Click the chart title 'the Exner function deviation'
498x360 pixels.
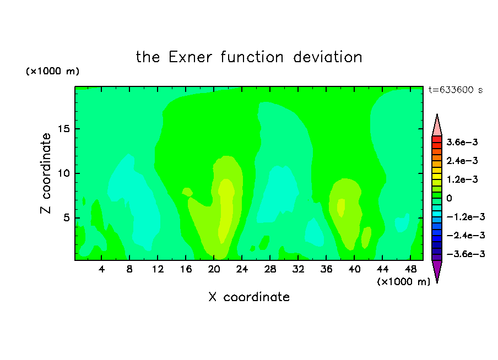[249, 57]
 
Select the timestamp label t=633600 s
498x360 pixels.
[456, 90]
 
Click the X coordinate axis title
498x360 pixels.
[249, 297]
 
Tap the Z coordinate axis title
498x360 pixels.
[46, 173]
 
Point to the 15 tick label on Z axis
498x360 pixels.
[64, 129]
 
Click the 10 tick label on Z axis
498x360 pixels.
[64, 173]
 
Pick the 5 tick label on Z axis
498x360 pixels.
[67, 218]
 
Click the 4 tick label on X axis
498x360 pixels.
[101, 269]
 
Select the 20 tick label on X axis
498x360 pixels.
[214, 269]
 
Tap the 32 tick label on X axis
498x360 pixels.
[298, 269]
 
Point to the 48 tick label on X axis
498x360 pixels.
[410, 269]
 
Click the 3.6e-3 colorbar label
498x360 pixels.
[462, 142]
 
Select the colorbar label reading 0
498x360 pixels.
[449, 198]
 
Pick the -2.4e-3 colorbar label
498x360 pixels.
[465, 236]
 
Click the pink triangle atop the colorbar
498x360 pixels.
[437, 127]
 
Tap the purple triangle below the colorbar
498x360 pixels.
[437, 270]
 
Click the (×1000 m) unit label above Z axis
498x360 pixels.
[52, 71]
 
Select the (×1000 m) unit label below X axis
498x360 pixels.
[403, 281]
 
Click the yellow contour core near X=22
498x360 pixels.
[226, 210]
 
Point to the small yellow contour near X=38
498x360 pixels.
[341, 208]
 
